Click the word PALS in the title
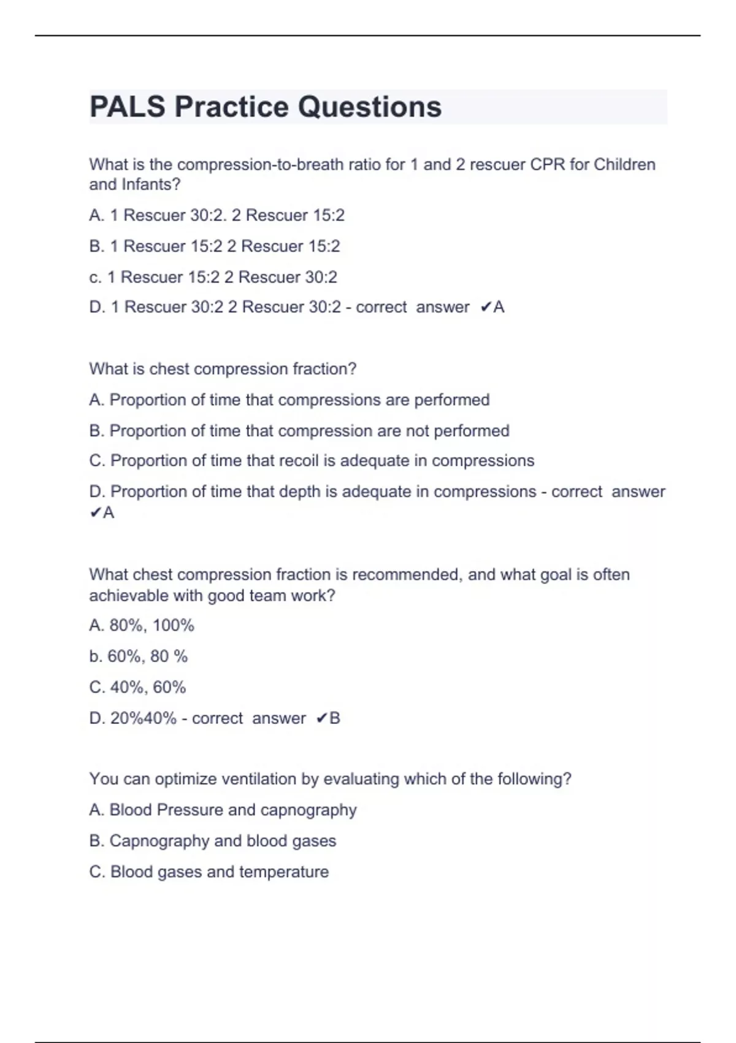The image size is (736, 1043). pos(128,107)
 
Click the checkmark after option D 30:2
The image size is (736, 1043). pos(485,307)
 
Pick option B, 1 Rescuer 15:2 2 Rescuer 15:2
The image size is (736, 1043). pos(215,246)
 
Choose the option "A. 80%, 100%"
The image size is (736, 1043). pos(142,625)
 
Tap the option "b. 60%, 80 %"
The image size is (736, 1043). pos(139,656)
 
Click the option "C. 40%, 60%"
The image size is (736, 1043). pos(137,687)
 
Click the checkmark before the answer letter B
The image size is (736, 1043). pos(321,718)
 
